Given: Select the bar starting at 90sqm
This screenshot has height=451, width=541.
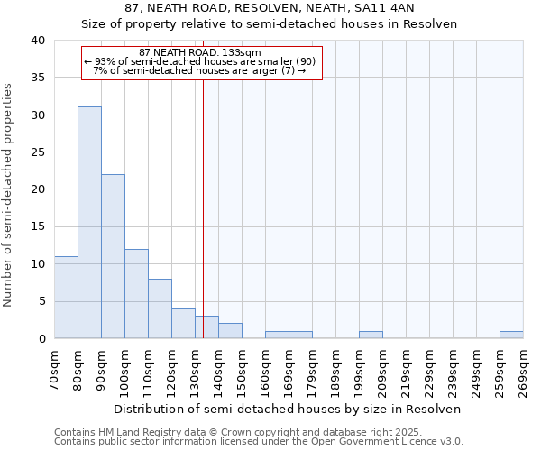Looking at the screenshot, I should coord(113,256).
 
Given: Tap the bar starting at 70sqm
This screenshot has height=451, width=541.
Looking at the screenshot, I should coord(66,297).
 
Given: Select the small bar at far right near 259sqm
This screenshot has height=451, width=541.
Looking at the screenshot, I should coord(511,335).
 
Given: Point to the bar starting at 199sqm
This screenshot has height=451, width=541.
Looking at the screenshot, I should coord(371,335).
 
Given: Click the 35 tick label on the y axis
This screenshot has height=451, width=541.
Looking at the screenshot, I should coord(38,78).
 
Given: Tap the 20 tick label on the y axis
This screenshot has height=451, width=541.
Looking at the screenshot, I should coord(38,189).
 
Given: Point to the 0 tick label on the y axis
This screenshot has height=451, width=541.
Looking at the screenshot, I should coord(41,338).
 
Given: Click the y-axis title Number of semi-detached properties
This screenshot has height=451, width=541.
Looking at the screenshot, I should coord(9,195).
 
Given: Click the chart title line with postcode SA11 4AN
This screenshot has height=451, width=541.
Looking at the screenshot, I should coord(270,7).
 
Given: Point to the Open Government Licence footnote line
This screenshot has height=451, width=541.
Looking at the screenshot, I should coord(259,442).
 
